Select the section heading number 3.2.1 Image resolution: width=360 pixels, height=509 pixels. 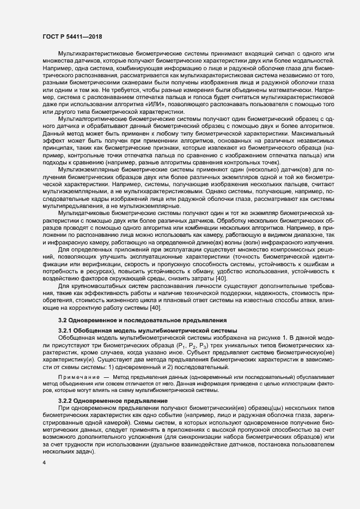pos(65,332)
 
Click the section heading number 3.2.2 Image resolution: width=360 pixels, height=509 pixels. pos(65,401)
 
